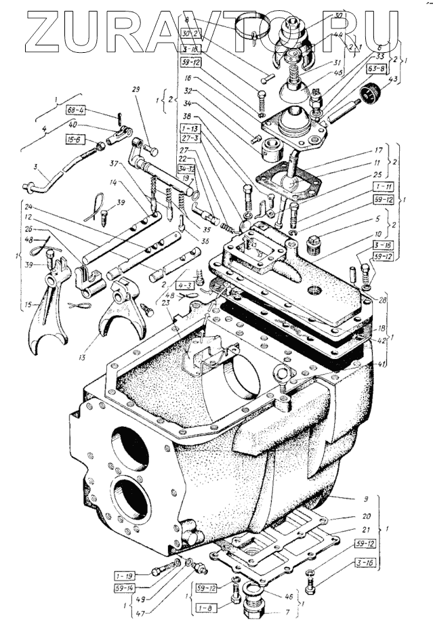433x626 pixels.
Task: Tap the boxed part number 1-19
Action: click(x=125, y=575)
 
